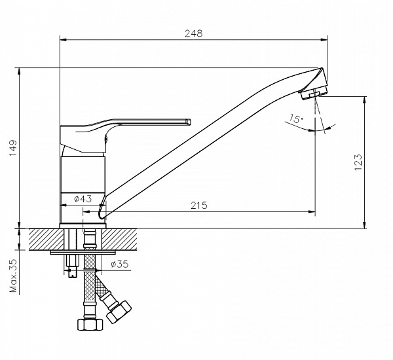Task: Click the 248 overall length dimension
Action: coord(193,33)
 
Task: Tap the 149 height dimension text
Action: coord(13,147)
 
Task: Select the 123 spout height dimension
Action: coord(358,162)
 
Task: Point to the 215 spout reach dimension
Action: coord(199,205)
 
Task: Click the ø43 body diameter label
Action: coord(83,199)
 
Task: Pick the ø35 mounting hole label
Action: coord(120,264)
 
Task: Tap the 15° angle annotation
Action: coord(296,118)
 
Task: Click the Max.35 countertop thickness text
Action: coord(13,276)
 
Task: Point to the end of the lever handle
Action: coord(189,122)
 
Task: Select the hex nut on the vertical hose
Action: coord(90,325)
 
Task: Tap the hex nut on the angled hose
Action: coord(119,312)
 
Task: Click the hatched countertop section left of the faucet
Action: coord(46,240)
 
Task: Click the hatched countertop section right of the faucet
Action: coord(119,240)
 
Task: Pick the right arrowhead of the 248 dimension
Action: coord(324,39)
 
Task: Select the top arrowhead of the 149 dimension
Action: coord(19,71)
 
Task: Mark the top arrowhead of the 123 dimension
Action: coord(364,99)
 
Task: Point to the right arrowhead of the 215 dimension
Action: coord(312,212)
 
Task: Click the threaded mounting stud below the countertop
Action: coord(73,266)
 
